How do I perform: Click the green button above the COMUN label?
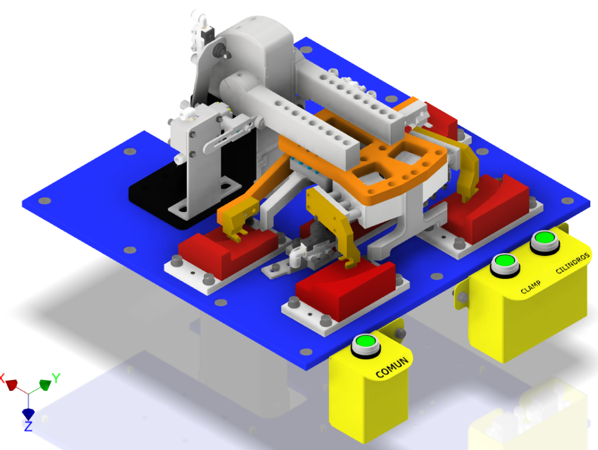(x=366, y=341)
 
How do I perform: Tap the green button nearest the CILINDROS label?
(x=545, y=238)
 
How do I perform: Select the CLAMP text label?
(x=530, y=287)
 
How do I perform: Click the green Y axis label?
(x=56, y=378)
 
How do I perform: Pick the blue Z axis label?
(x=28, y=427)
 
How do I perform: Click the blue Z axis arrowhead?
(x=28, y=414)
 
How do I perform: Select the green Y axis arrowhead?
(x=46, y=385)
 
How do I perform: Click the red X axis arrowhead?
(x=12, y=385)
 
